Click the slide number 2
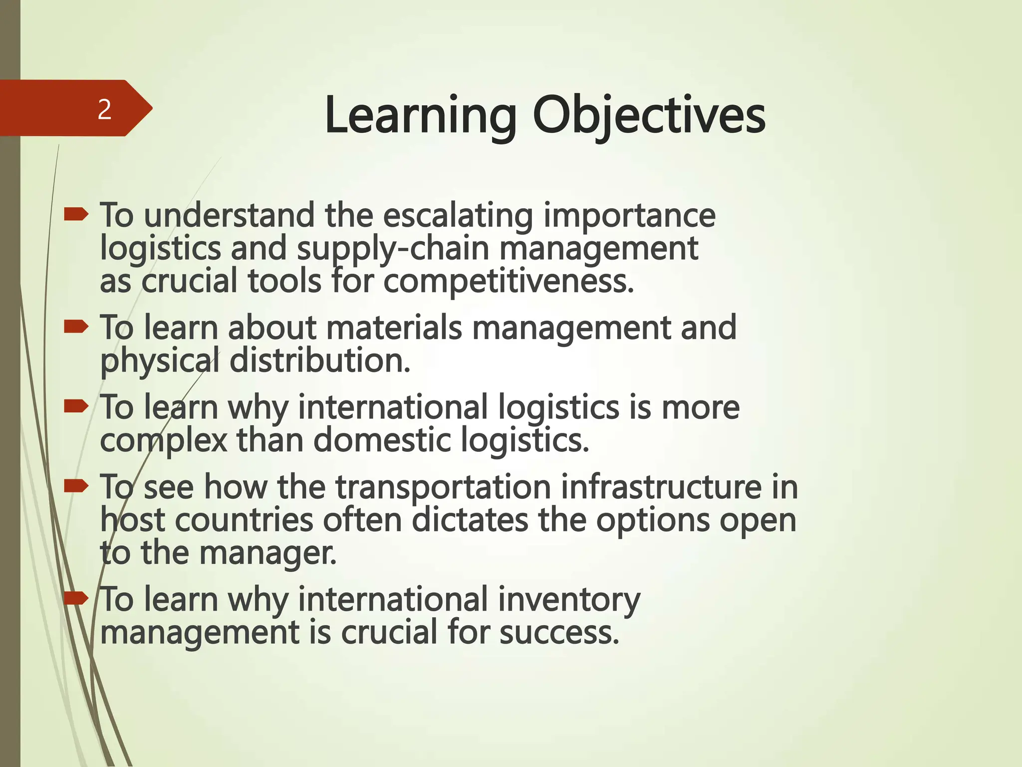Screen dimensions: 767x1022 pos(104,109)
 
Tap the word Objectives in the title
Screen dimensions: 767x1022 pos(649,117)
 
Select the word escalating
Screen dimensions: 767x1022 pos(458,216)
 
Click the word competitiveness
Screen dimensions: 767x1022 pos(509,282)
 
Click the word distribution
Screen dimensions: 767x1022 pos(320,361)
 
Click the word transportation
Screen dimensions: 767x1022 pos(443,487)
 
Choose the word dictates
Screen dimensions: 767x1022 pos(470,520)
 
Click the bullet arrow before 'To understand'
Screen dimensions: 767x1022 pos(76,215)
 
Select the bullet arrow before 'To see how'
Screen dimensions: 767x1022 pos(76,485)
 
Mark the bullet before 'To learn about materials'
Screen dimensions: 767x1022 pos(76,327)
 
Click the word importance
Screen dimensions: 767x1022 pos(629,216)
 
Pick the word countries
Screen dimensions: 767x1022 pos(244,520)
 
